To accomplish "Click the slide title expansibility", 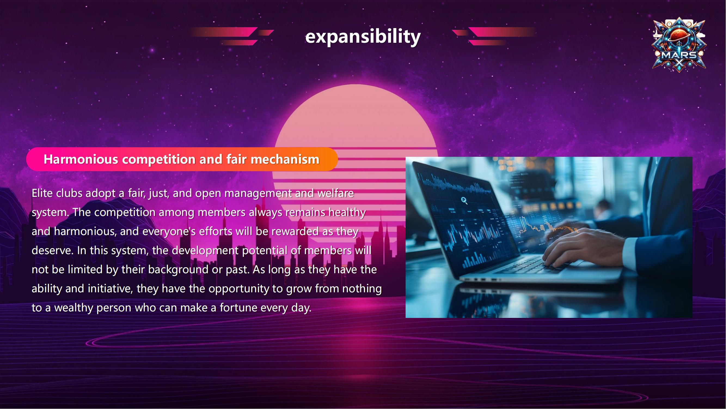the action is tap(363, 37).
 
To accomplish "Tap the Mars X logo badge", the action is tap(679, 45).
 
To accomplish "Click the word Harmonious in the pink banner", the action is tap(81, 159).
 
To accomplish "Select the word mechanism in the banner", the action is tap(285, 159).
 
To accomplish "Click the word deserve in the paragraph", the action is tap(51, 251).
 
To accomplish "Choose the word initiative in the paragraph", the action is tap(109, 289).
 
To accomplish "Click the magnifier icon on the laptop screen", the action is tap(464, 200).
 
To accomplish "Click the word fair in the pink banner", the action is tap(236, 159).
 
